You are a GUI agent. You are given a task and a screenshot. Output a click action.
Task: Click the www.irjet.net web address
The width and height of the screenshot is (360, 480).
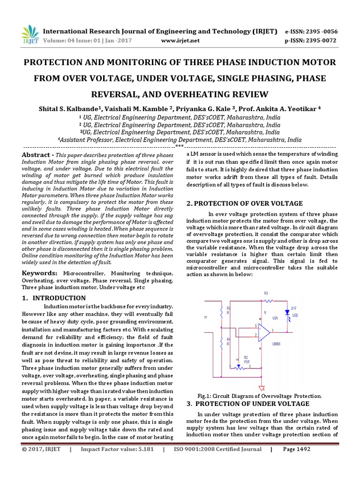click(x=180, y=41)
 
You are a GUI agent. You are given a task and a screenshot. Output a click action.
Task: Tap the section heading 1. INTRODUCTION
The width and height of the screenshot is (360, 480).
click(x=54, y=298)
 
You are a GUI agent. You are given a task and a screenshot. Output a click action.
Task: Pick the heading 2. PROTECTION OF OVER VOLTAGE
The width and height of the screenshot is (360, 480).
click(x=244, y=203)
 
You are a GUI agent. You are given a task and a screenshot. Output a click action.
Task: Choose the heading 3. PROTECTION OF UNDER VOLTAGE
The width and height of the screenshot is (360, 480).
click(x=247, y=404)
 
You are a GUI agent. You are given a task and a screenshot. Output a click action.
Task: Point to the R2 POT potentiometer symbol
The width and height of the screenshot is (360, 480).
click(x=240, y=367)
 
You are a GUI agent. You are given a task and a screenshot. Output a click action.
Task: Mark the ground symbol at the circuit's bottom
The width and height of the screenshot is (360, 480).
click(x=261, y=388)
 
